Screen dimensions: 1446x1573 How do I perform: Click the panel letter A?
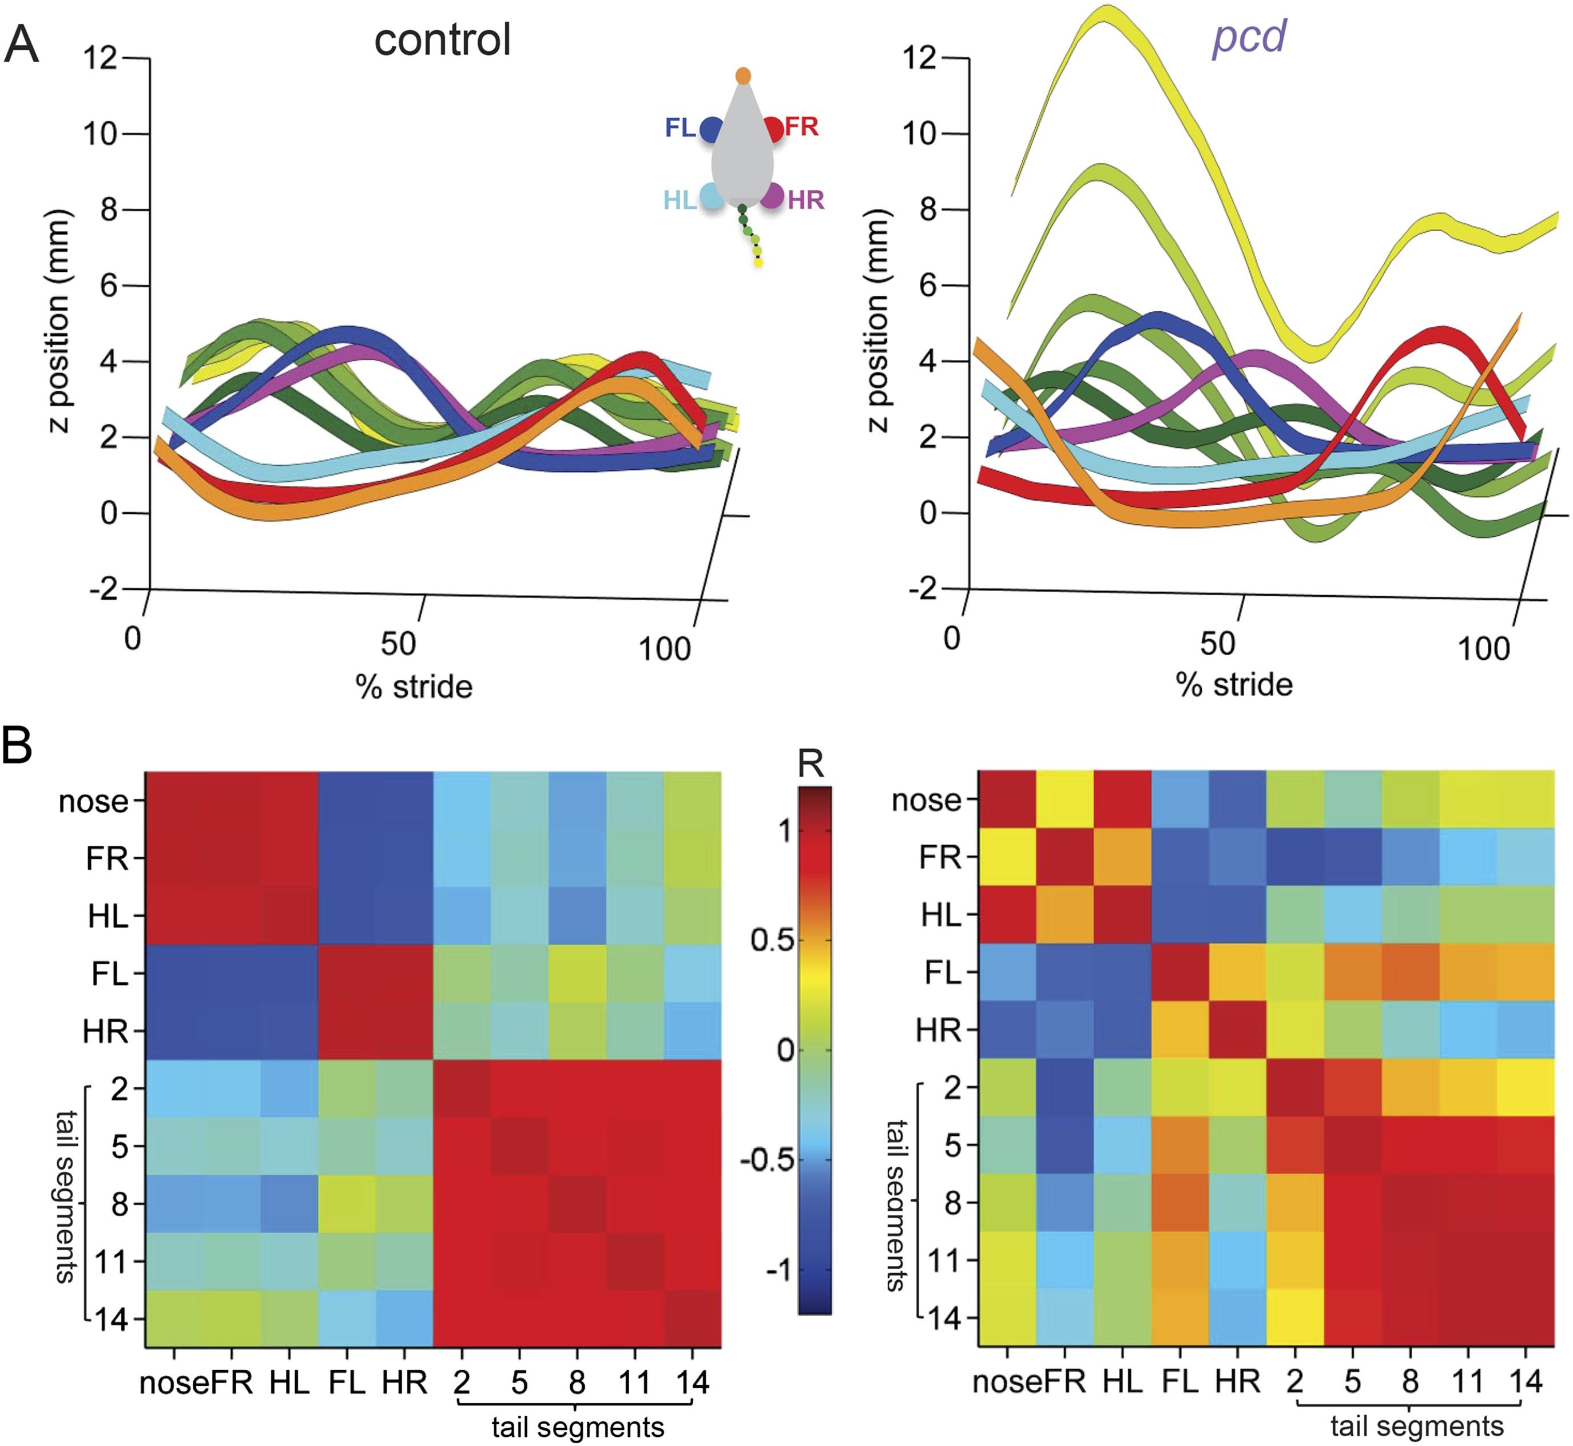21,45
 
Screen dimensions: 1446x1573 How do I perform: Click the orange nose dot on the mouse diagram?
743,76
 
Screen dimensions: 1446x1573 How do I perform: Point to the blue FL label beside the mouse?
680,128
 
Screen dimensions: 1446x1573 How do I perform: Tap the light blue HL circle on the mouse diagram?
712,196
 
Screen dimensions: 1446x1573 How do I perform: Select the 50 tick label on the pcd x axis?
1217,643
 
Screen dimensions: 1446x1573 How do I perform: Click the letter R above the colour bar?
811,763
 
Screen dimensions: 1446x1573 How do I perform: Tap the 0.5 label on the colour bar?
773,940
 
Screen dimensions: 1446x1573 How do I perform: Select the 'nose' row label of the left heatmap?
93,801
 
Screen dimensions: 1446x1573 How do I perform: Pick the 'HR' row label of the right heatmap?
938,1031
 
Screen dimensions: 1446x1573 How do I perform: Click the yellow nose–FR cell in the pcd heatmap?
1064,800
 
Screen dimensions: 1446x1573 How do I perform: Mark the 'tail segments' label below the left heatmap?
577,1427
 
